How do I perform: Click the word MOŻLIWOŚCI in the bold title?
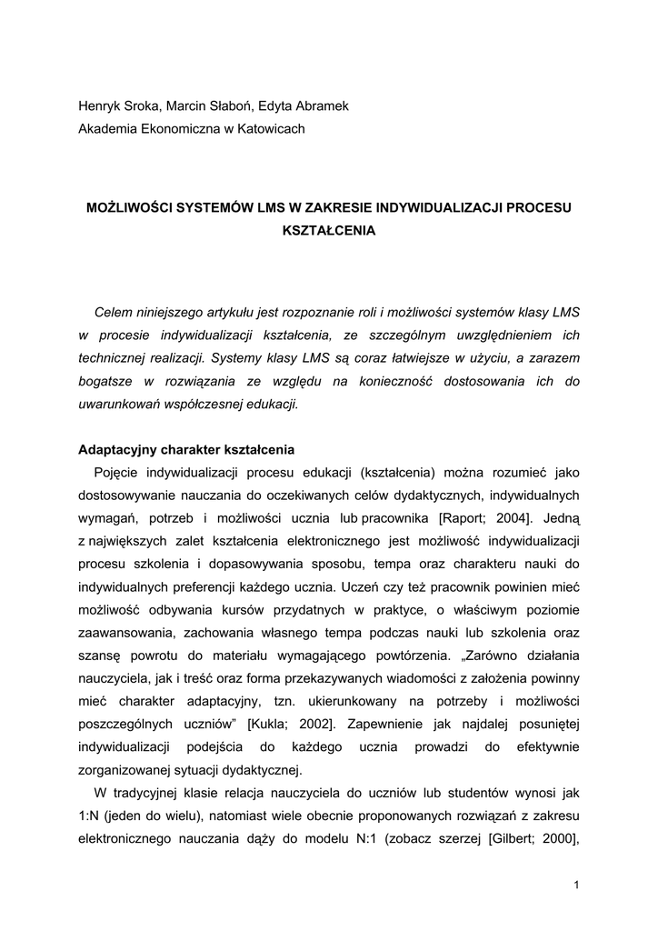tap(131, 208)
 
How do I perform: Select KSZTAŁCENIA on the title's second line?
tap(329, 231)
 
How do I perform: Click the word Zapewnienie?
tap(378, 724)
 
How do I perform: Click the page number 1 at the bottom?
tap(576, 885)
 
